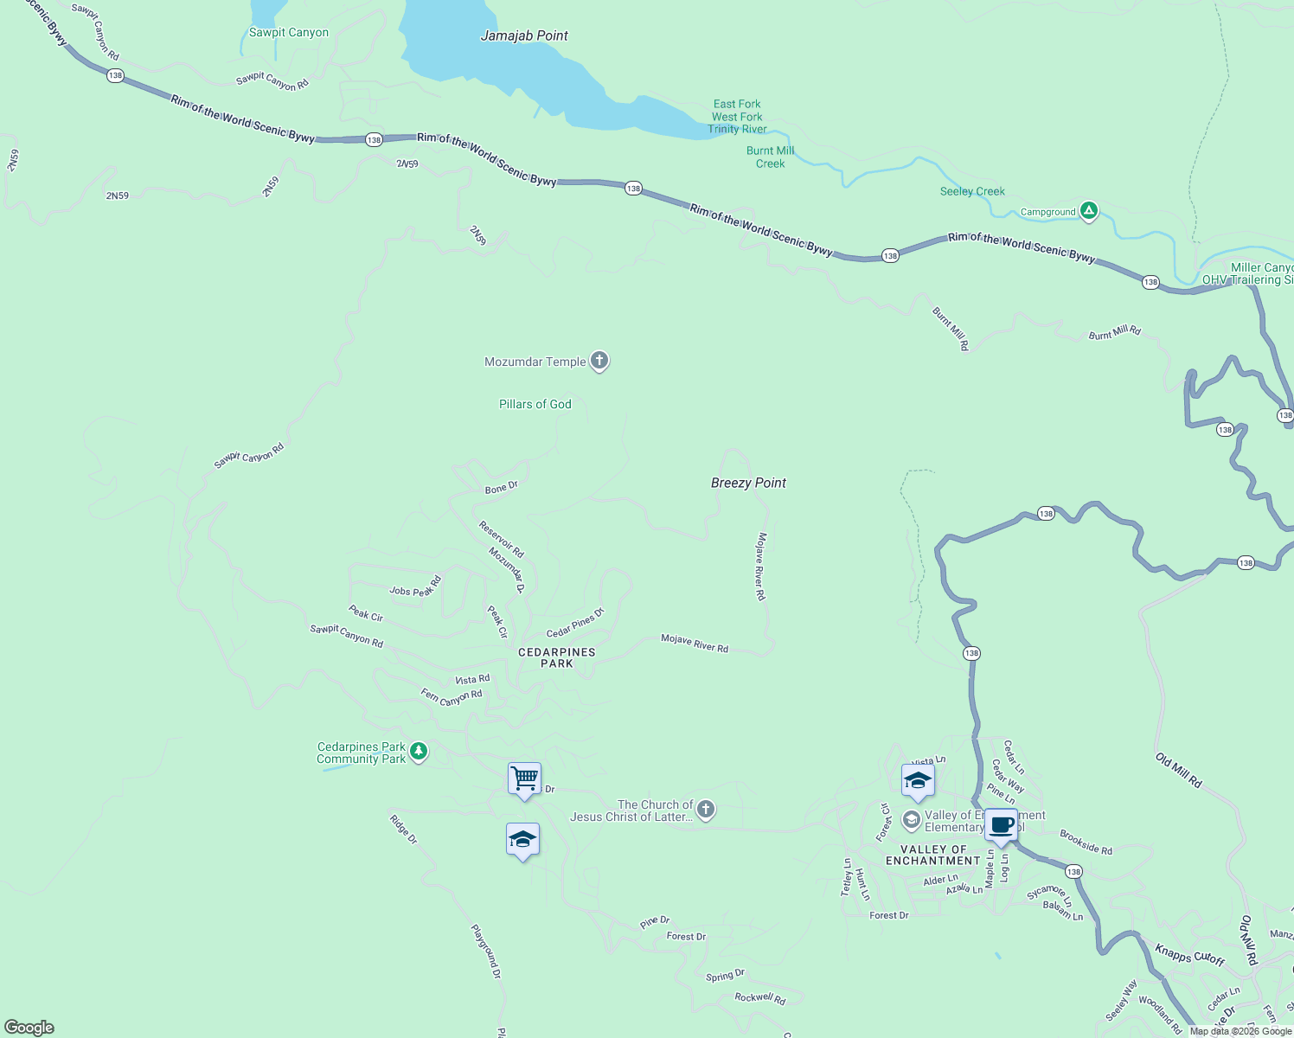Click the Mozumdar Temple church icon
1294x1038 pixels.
pos(599,361)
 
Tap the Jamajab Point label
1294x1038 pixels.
pos(524,36)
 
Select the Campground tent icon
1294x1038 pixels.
pos(1089,210)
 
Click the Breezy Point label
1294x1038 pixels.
pos(748,483)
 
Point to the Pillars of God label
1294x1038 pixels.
pos(535,404)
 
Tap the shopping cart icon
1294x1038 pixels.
pos(524,778)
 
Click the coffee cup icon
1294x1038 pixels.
pos(1001,824)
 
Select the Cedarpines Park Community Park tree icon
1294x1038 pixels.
pos(419,751)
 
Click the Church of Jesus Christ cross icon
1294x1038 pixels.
pos(706,810)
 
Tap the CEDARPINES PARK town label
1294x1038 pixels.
pos(557,657)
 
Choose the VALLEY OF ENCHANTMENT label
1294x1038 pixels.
pos(933,855)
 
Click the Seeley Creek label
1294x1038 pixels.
pos(972,191)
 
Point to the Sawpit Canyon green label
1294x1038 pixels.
pos(289,33)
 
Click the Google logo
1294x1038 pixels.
pos(29,1028)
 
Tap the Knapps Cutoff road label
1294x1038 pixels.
pos(1190,955)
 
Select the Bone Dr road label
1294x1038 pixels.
pos(502,488)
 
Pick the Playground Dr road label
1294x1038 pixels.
pos(486,951)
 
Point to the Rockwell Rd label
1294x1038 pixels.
pos(760,998)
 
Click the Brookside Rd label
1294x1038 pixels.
pos(1086,843)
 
